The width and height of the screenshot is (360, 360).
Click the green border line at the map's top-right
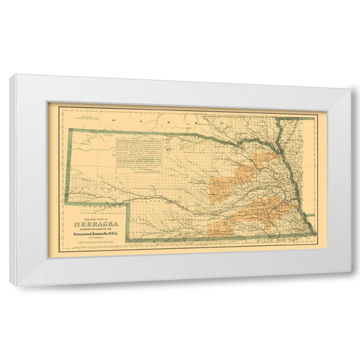click(x=300, y=118)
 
